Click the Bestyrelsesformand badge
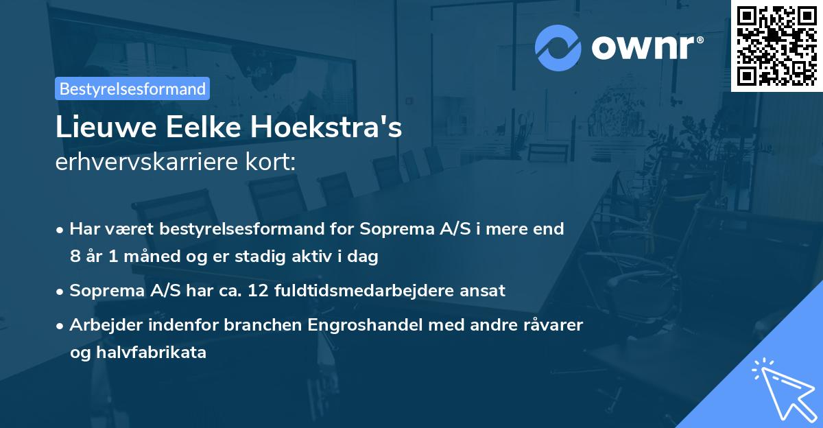[132, 88]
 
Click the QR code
[777, 46]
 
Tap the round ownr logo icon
[558, 48]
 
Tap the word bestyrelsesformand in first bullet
[229, 229]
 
